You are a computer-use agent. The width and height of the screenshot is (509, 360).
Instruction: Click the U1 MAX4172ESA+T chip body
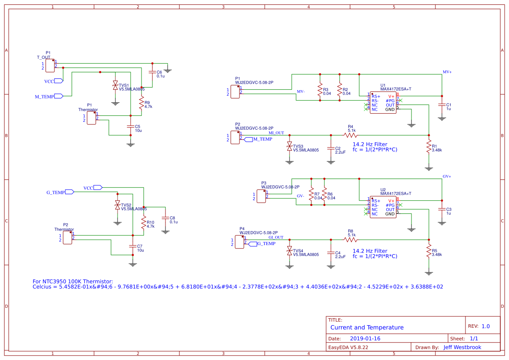[383, 103]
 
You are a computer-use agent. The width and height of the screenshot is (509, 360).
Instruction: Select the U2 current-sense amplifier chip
[383, 207]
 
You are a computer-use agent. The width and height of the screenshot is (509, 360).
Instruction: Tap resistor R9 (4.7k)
[142, 104]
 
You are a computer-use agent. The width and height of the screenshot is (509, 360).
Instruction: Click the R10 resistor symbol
[144, 223]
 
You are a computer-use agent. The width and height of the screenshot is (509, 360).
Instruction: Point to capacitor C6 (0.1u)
[152, 73]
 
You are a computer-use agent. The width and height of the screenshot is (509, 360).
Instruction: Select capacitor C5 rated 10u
[130, 127]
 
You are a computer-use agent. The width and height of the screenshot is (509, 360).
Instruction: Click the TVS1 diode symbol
[115, 85]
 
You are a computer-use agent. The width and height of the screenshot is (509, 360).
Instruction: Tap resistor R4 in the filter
[351, 135]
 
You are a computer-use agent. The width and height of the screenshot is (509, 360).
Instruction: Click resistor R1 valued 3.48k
[429, 147]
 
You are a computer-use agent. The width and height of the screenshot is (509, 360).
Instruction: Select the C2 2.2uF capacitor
[330, 148]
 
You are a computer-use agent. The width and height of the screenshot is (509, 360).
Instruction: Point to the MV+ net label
[447, 72]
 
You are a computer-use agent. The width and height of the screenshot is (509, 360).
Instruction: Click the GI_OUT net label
[276, 237]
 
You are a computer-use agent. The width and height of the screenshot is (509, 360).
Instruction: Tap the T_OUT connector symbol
[50, 66]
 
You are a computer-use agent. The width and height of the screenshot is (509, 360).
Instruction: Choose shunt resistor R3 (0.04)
[320, 91]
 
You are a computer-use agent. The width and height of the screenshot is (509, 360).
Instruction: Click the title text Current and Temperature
[367, 327]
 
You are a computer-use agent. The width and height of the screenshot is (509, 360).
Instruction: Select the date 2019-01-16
[365, 339]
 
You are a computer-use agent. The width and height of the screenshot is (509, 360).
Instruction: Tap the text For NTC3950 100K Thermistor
[73, 281]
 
